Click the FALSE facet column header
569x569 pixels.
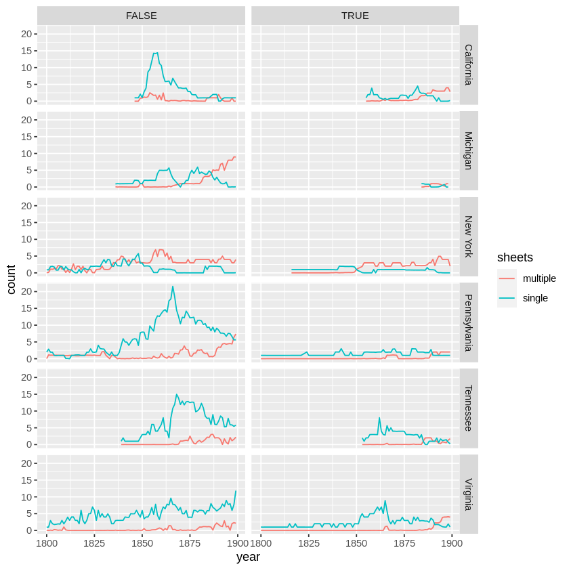[142, 16]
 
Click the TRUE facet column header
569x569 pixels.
[355, 16]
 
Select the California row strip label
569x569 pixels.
[469, 65]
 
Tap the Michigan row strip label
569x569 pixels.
[469, 151]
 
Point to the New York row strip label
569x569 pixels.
[469, 237]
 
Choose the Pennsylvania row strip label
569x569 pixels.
[469, 322]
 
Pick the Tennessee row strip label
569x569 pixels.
[469, 408]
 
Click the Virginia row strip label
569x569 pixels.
[469, 494]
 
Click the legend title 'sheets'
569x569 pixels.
[515, 257]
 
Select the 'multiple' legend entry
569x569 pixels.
[539, 278]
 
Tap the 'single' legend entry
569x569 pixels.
[535, 298]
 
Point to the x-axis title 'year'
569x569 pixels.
[248, 557]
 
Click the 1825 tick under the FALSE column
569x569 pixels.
[94, 543]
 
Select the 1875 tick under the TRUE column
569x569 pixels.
[404, 543]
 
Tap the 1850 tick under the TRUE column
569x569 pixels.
[356, 543]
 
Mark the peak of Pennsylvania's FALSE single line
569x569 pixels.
[173, 286]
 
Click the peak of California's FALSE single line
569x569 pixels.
[156, 53]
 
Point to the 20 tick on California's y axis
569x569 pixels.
[28, 34]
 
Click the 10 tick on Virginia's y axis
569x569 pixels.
[28, 497]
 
